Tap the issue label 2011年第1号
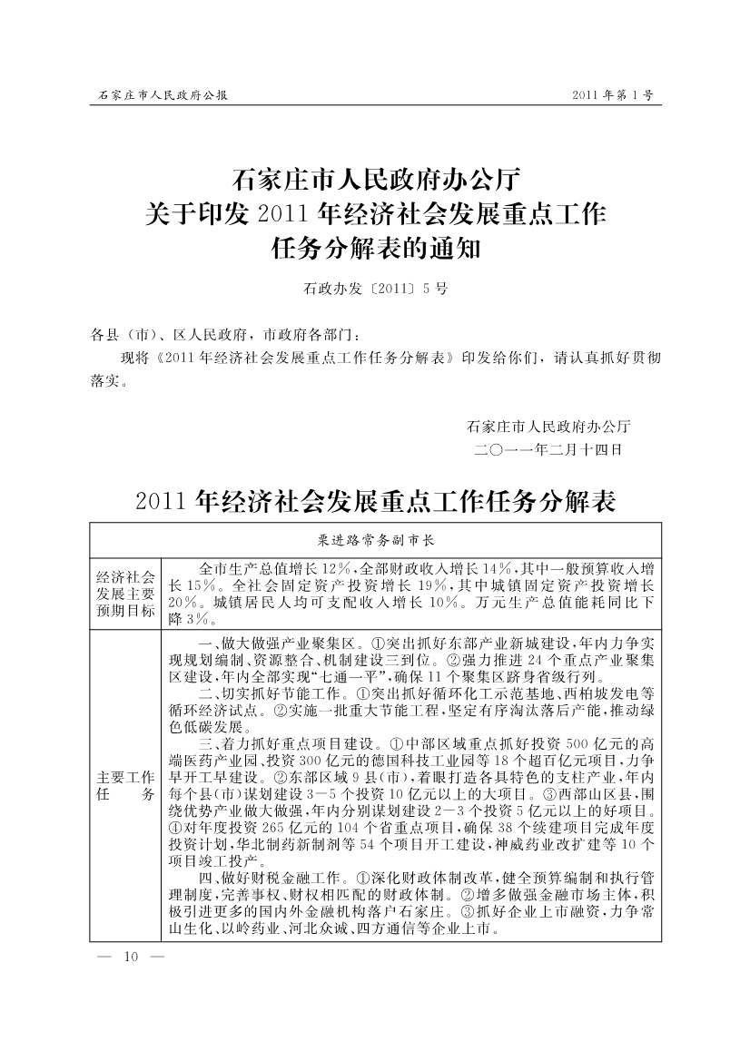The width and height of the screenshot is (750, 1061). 613,94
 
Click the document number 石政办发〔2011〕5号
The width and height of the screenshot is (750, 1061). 374,290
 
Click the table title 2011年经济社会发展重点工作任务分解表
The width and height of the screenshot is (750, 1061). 375,501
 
